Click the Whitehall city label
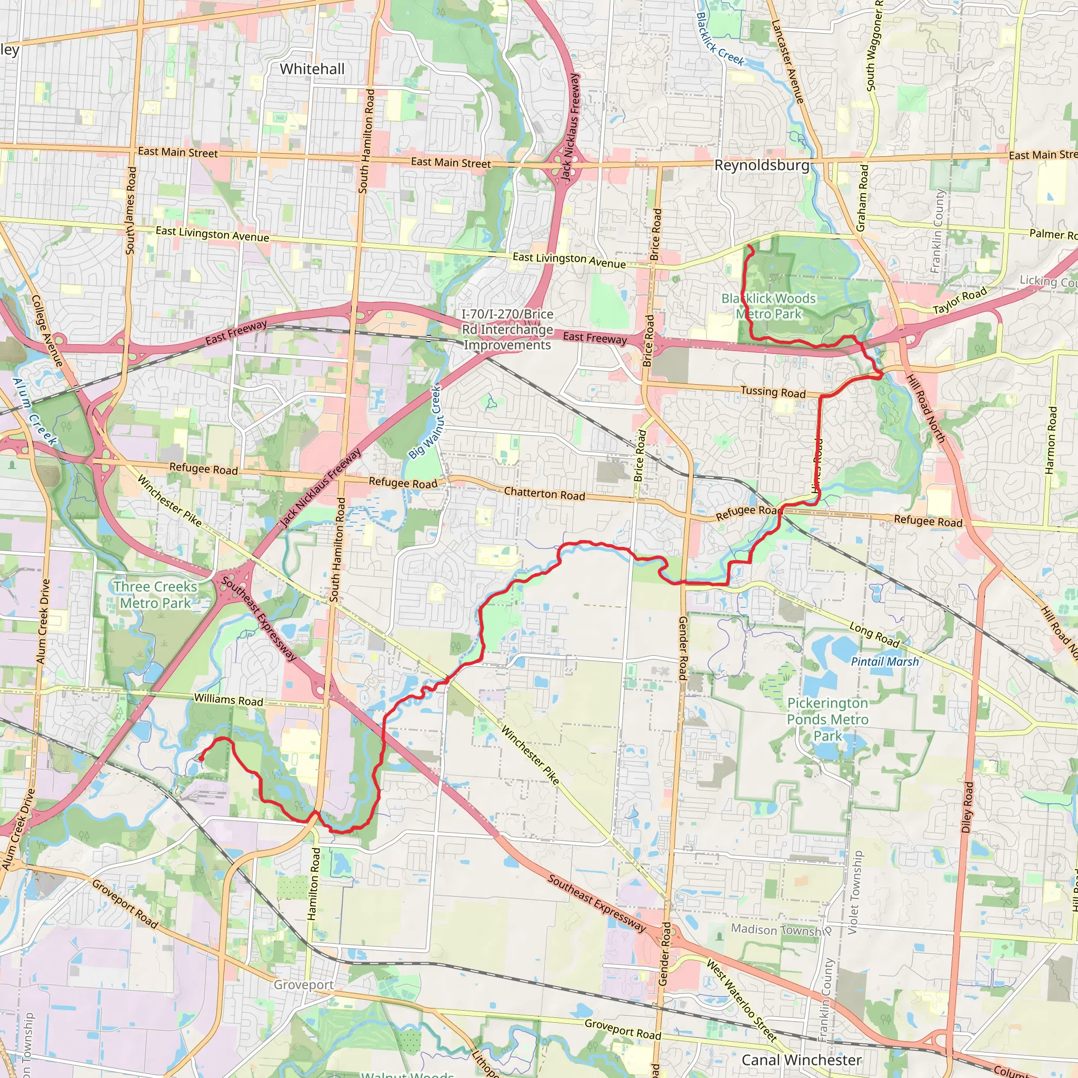coord(312,69)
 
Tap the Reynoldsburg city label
coord(762,165)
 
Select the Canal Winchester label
coord(801,1060)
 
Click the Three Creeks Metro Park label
coord(155,595)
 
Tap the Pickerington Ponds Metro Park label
coord(827,719)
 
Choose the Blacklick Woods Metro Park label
coord(768,306)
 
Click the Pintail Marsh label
coord(884,662)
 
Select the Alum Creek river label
coord(35,412)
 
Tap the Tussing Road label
coord(773,392)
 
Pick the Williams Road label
coord(228,700)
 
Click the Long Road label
coord(874,635)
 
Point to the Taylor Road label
coord(960,300)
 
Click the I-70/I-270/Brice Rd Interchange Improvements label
coord(507,330)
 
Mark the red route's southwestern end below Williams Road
coord(201,758)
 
